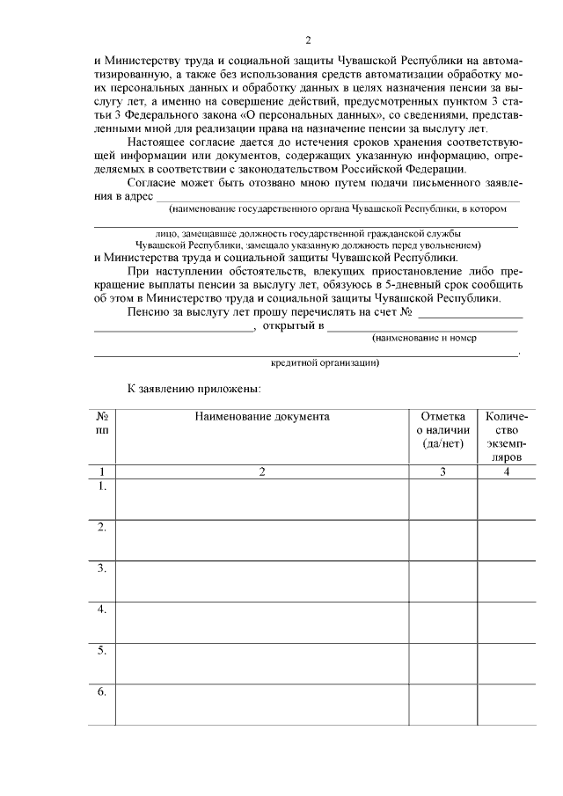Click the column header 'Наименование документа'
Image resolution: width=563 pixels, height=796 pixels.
coord(262,416)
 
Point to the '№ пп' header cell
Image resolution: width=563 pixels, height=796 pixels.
coord(102,423)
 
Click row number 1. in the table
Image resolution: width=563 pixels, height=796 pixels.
coord(102,486)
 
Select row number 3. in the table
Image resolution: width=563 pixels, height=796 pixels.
coord(102,568)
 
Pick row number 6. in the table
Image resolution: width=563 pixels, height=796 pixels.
coord(102,692)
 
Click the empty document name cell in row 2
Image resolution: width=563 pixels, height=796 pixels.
coord(262,539)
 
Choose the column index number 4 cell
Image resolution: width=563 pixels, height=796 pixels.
coord(506,471)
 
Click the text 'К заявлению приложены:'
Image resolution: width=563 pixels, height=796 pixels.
coord(194,387)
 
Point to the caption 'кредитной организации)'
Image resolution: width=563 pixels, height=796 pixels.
coord(325,362)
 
